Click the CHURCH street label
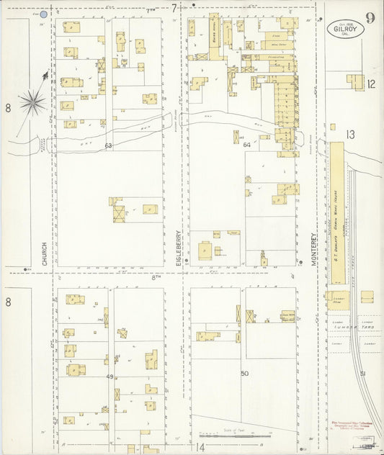[45, 253]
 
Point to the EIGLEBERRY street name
[179, 248]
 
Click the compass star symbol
[32, 102]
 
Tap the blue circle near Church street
[43, 14]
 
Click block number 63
[108, 146]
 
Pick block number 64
[247, 145]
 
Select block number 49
[110, 377]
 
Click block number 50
[244, 373]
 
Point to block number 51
[363, 373]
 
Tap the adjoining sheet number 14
[200, 447]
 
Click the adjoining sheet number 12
[370, 84]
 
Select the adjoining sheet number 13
[350, 135]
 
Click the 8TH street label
[156, 276]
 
